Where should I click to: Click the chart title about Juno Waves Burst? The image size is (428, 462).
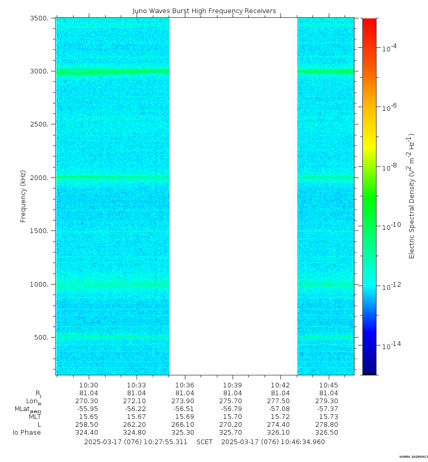pyautogui.click(x=204, y=11)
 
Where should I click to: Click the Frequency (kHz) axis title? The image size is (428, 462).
pyautogui.click(x=23, y=196)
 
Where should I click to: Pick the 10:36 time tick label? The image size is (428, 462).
pyautogui.click(x=184, y=384)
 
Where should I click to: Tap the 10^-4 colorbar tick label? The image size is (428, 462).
pyautogui.click(x=389, y=48)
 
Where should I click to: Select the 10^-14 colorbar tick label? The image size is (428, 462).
pyautogui.click(x=390, y=345)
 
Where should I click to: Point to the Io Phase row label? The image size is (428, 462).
pyautogui.click(x=27, y=432)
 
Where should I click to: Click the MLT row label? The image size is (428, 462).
pyautogui.click(x=35, y=416)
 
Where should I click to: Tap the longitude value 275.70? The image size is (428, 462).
pyautogui.click(x=233, y=401)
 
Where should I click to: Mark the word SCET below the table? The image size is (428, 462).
pyautogui.click(x=204, y=442)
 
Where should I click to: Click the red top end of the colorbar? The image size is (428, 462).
pyautogui.click(x=370, y=21)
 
